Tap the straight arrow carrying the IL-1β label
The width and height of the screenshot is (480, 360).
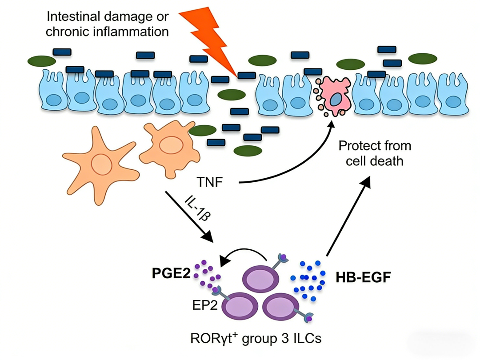pos(189,216)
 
